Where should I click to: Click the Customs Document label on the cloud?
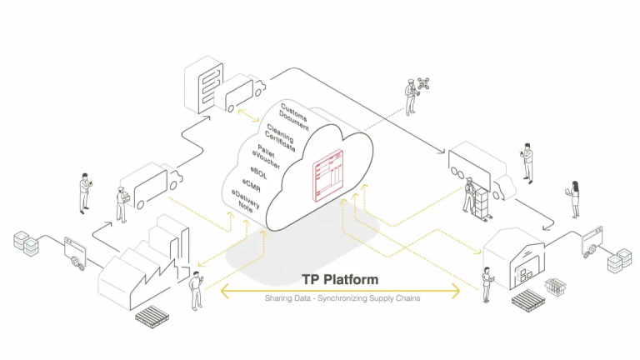(x=294, y=115)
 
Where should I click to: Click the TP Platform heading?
(x=339, y=278)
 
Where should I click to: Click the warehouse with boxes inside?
(x=514, y=254)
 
